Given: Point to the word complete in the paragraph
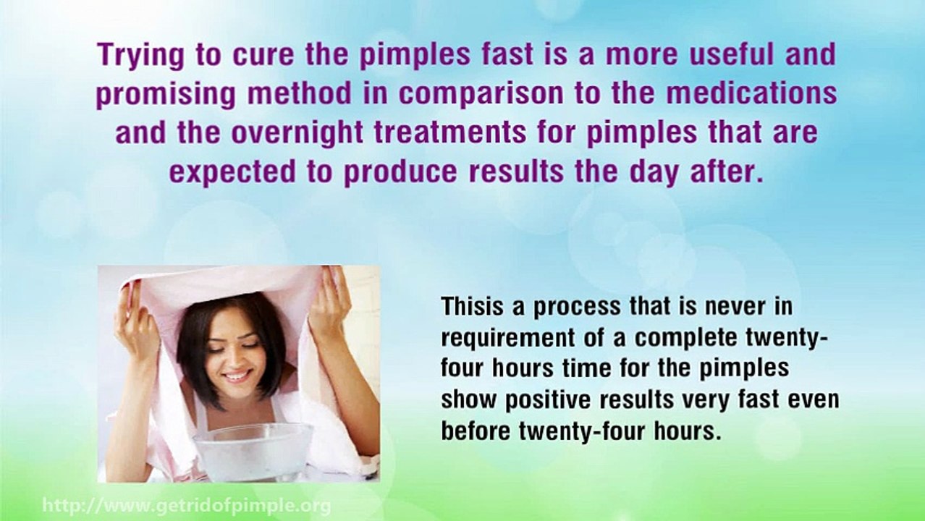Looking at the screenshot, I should [690, 338].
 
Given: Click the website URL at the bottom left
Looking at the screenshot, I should [187, 505].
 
